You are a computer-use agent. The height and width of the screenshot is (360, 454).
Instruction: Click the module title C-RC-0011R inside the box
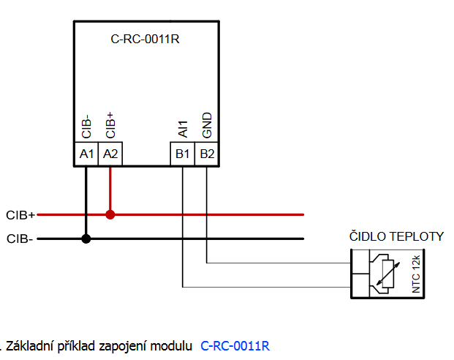point(145,39)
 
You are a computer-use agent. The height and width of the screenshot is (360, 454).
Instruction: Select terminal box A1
point(86,154)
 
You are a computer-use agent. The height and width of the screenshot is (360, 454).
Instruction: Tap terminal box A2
point(110,154)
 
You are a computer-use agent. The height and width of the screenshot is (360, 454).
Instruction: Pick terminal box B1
point(183,154)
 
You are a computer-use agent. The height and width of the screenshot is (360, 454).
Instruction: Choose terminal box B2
point(207,154)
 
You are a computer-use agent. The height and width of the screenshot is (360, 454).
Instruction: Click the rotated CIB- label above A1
point(86,127)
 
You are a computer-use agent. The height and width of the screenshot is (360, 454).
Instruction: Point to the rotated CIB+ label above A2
point(110,125)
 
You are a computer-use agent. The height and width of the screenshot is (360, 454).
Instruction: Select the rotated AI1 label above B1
point(183,129)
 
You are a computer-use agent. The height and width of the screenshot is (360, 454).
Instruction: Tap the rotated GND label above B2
point(207,125)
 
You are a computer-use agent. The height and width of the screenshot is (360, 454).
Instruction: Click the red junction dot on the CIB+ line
point(110,214)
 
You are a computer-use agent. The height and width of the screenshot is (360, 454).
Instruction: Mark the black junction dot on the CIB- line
point(86,239)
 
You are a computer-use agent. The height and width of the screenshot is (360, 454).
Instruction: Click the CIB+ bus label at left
point(20,215)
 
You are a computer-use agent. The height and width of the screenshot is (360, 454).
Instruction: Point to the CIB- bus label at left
point(20,239)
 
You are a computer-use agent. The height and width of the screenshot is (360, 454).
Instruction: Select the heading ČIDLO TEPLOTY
point(396,236)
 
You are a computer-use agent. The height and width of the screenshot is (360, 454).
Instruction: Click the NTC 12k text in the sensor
point(416,274)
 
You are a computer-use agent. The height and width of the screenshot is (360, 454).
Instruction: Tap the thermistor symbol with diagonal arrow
point(386,274)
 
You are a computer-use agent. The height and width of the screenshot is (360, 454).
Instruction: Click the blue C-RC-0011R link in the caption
point(235,346)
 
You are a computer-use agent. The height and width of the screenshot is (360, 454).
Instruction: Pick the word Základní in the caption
point(29,346)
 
